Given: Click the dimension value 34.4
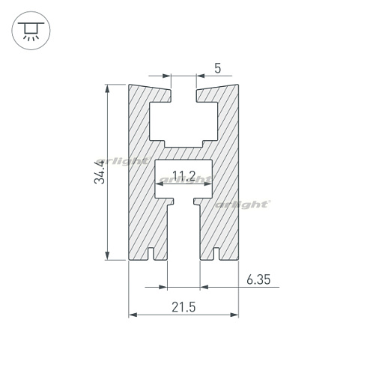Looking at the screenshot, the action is pyautogui.click(x=100, y=172).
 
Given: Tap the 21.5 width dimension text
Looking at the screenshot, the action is pyautogui.click(x=183, y=307).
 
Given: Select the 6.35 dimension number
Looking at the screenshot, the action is pyautogui.click(x=258, y=279).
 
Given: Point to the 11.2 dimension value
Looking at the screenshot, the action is pyautogui.click(x=184, y=175).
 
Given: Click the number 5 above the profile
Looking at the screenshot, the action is pyautogui.click(x=218, y=68).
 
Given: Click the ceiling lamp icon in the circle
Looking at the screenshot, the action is pyautogui.click(x=31, y=31).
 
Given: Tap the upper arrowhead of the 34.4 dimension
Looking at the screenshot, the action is pyautogui.click(x=107, y=88).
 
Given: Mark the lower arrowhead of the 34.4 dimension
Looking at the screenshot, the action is pyautogui.click(x=107, y=256).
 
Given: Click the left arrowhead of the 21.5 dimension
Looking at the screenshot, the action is pyautogui.click(x=133, y=315).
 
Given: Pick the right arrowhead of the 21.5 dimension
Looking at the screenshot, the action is pyautogui.click(x=234, y=315).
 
